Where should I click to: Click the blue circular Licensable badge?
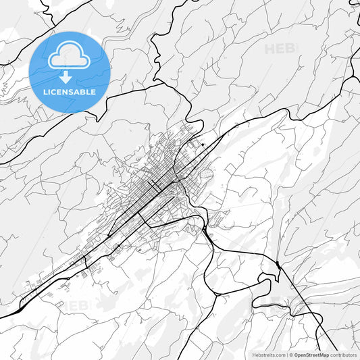click(x=70, y=72)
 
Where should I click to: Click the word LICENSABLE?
click(x=70, y=92)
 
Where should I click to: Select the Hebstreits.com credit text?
click(x=269, y=355)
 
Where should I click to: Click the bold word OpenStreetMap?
click(x=311, y=355)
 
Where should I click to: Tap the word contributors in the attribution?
click(x=344, y=355)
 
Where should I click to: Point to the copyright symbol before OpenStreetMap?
click(x=290, y=355)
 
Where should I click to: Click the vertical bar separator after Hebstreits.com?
click(x=286, y=355)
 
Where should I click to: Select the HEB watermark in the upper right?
click(x=280, y=49)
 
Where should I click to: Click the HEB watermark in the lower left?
click(x=76, y=306)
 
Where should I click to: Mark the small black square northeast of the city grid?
click(x=202, y=144)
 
